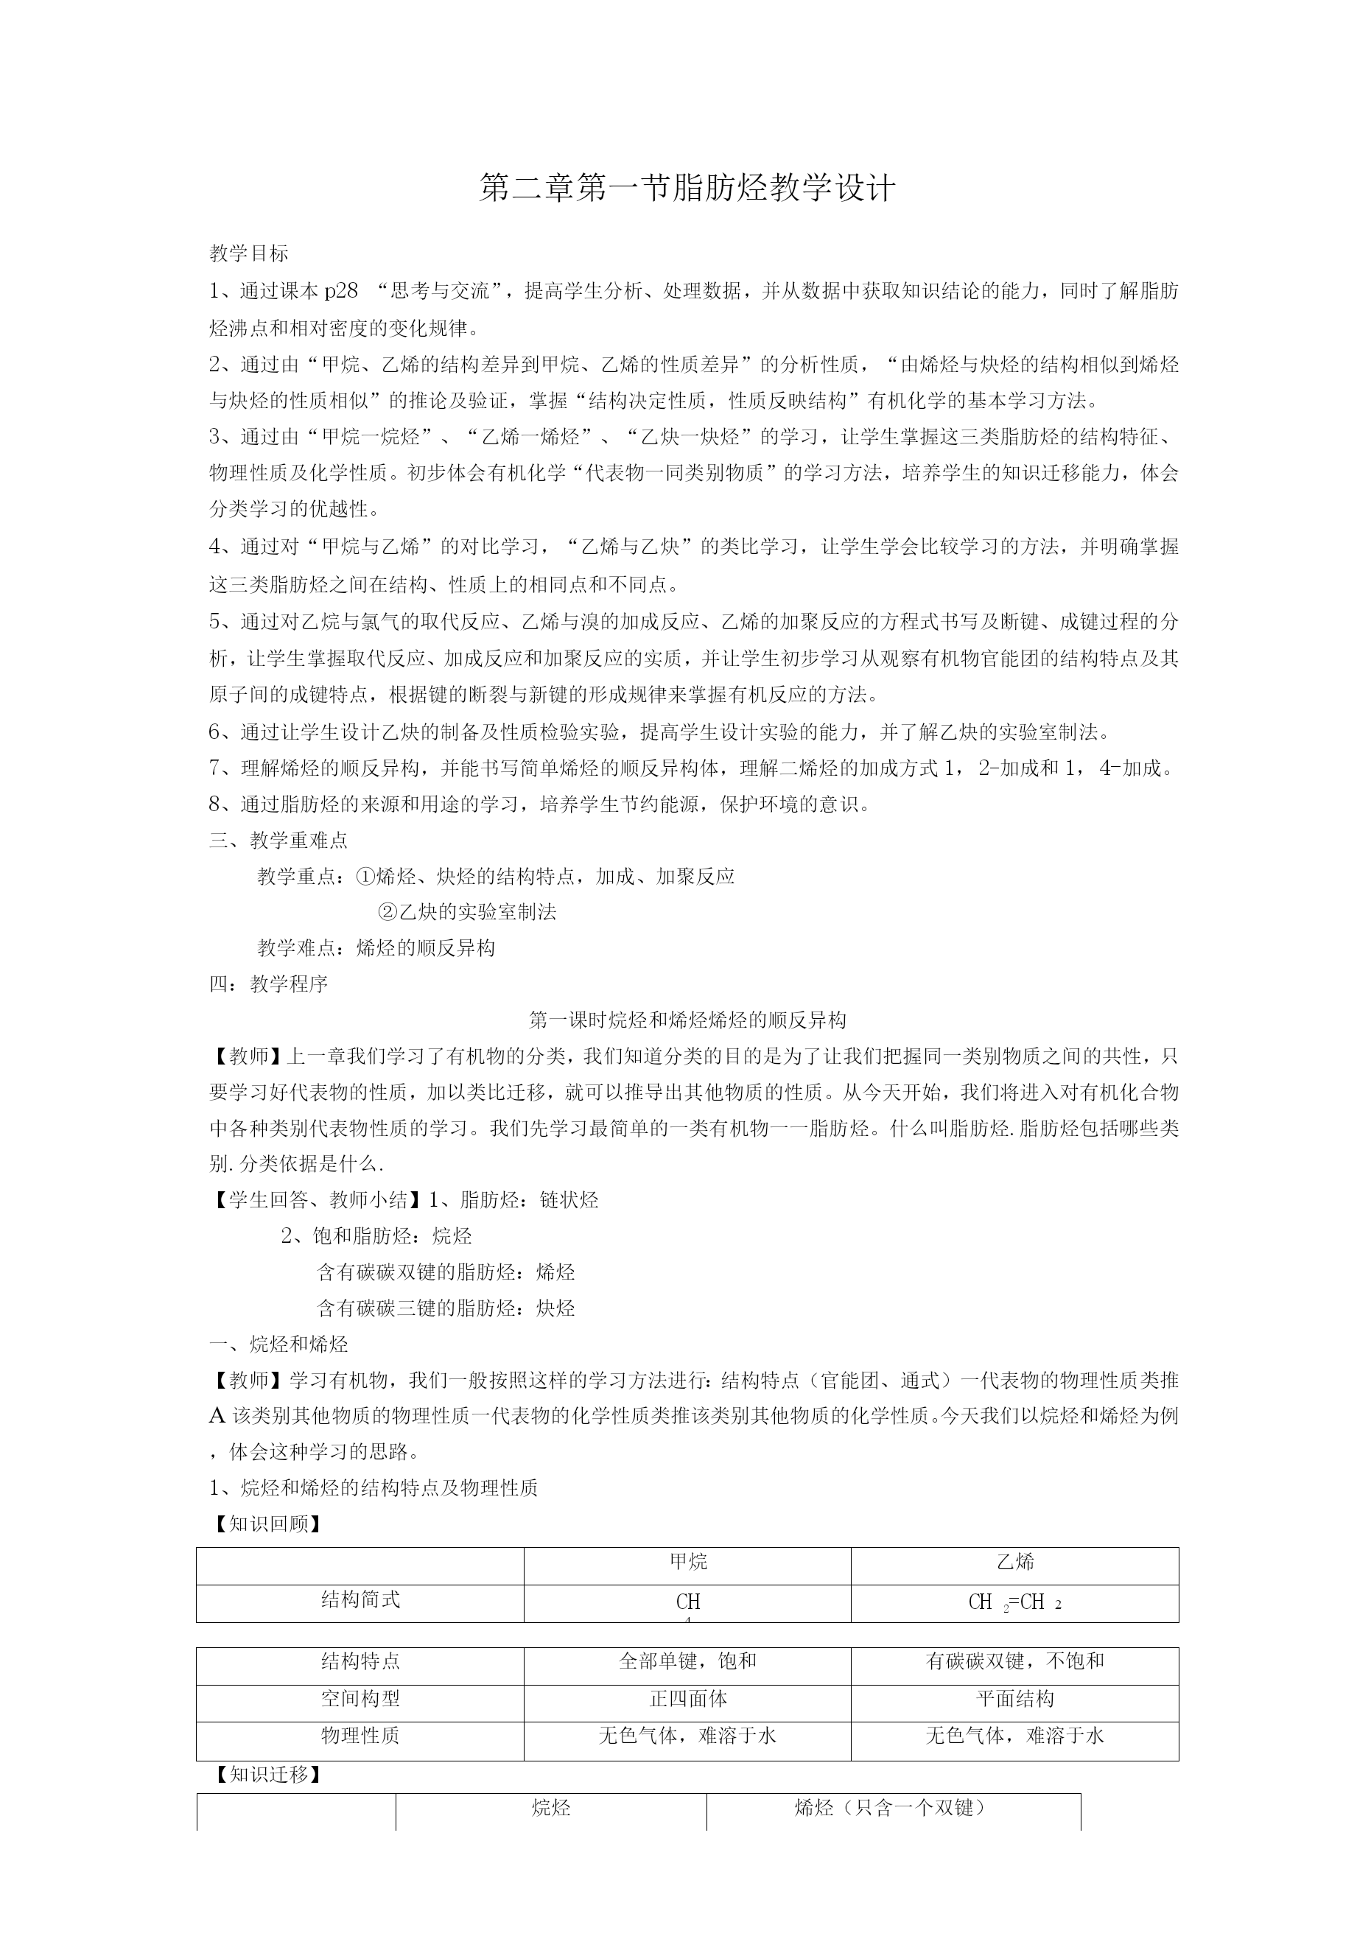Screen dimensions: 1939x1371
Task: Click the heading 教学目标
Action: [249, 253]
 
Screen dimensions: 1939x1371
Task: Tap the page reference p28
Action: [341, 291]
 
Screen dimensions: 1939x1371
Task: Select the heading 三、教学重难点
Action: [278, 841]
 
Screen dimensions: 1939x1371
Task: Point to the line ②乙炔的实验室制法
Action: [466, 912]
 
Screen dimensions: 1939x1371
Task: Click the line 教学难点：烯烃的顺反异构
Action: [376, 948]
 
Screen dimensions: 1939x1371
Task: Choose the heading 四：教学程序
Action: [269, 983]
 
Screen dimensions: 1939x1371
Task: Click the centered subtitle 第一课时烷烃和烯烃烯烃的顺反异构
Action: [687, 1020]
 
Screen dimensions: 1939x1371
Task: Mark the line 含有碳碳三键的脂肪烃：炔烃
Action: [445, 1309]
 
